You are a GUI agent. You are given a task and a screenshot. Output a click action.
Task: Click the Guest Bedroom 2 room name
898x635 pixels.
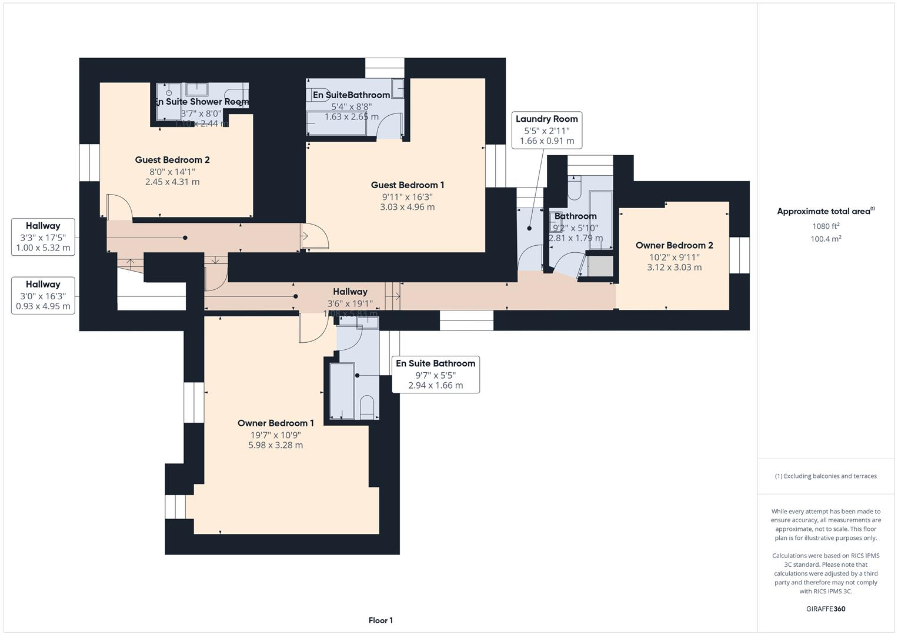click(x=172, y=160)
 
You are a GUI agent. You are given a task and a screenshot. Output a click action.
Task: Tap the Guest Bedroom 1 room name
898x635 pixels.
click(x=407, y=185)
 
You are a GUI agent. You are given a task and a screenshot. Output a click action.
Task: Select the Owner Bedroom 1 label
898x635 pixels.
click(x=275, y=423)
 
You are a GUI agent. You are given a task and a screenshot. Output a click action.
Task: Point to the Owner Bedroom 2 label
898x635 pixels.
click(x=674, y=246)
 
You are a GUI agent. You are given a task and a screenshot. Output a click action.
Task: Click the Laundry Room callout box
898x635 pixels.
click(x=546, y=130)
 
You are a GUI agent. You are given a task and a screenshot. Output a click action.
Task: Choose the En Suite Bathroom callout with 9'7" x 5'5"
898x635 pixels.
click(x=435, y=375)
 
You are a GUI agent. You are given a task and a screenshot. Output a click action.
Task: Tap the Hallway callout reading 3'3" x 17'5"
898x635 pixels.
click(x=43, y=236)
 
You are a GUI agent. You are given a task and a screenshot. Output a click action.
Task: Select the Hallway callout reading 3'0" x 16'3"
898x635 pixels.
click(x=43, y=295)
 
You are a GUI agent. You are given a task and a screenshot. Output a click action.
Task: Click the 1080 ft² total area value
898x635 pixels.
click(x=825, y=226)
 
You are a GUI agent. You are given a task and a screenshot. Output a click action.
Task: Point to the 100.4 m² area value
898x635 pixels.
click(x=825, y=239)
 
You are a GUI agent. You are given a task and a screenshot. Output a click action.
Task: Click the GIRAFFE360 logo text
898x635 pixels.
click(x=825, y=609)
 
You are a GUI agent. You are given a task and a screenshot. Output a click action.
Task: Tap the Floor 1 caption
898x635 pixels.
click(x=380, y=620)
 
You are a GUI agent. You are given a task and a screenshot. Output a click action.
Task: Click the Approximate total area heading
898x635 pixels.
click(x=825, y=212)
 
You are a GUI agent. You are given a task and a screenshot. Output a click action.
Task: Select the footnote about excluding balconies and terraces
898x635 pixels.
click(x=825, y=476)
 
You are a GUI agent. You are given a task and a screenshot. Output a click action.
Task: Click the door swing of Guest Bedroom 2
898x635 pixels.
click(x=119, y=207)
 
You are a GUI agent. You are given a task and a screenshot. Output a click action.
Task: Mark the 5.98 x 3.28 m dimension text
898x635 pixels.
click(x=275, y=445)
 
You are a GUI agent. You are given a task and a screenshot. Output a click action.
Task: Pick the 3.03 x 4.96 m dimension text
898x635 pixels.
click(x=407, y=207)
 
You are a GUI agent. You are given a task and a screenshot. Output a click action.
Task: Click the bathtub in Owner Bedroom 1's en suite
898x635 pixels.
click(x=342, y=391)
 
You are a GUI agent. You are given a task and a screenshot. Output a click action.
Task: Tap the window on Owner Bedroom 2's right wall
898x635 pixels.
click(x=739, y=255)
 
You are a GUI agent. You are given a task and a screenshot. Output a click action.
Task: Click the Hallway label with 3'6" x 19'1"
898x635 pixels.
click(x=350, y=292)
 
